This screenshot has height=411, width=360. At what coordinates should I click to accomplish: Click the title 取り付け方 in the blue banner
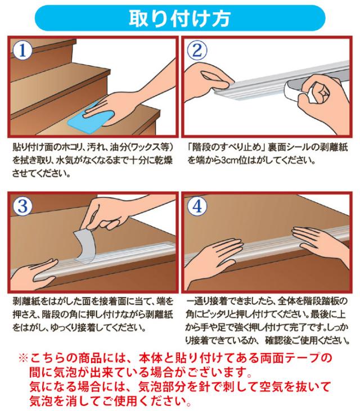click(179, 19)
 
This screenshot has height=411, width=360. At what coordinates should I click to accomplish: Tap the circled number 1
click(23, 51)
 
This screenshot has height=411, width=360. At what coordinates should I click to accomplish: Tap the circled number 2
click(197, 51)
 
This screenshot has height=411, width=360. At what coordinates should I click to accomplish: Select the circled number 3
click(23, 206)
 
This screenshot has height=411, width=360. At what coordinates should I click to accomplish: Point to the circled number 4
click(197, 206)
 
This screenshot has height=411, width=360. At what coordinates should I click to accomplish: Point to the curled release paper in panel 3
click(84, 245)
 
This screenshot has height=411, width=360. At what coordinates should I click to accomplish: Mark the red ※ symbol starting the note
click(23, 358)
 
